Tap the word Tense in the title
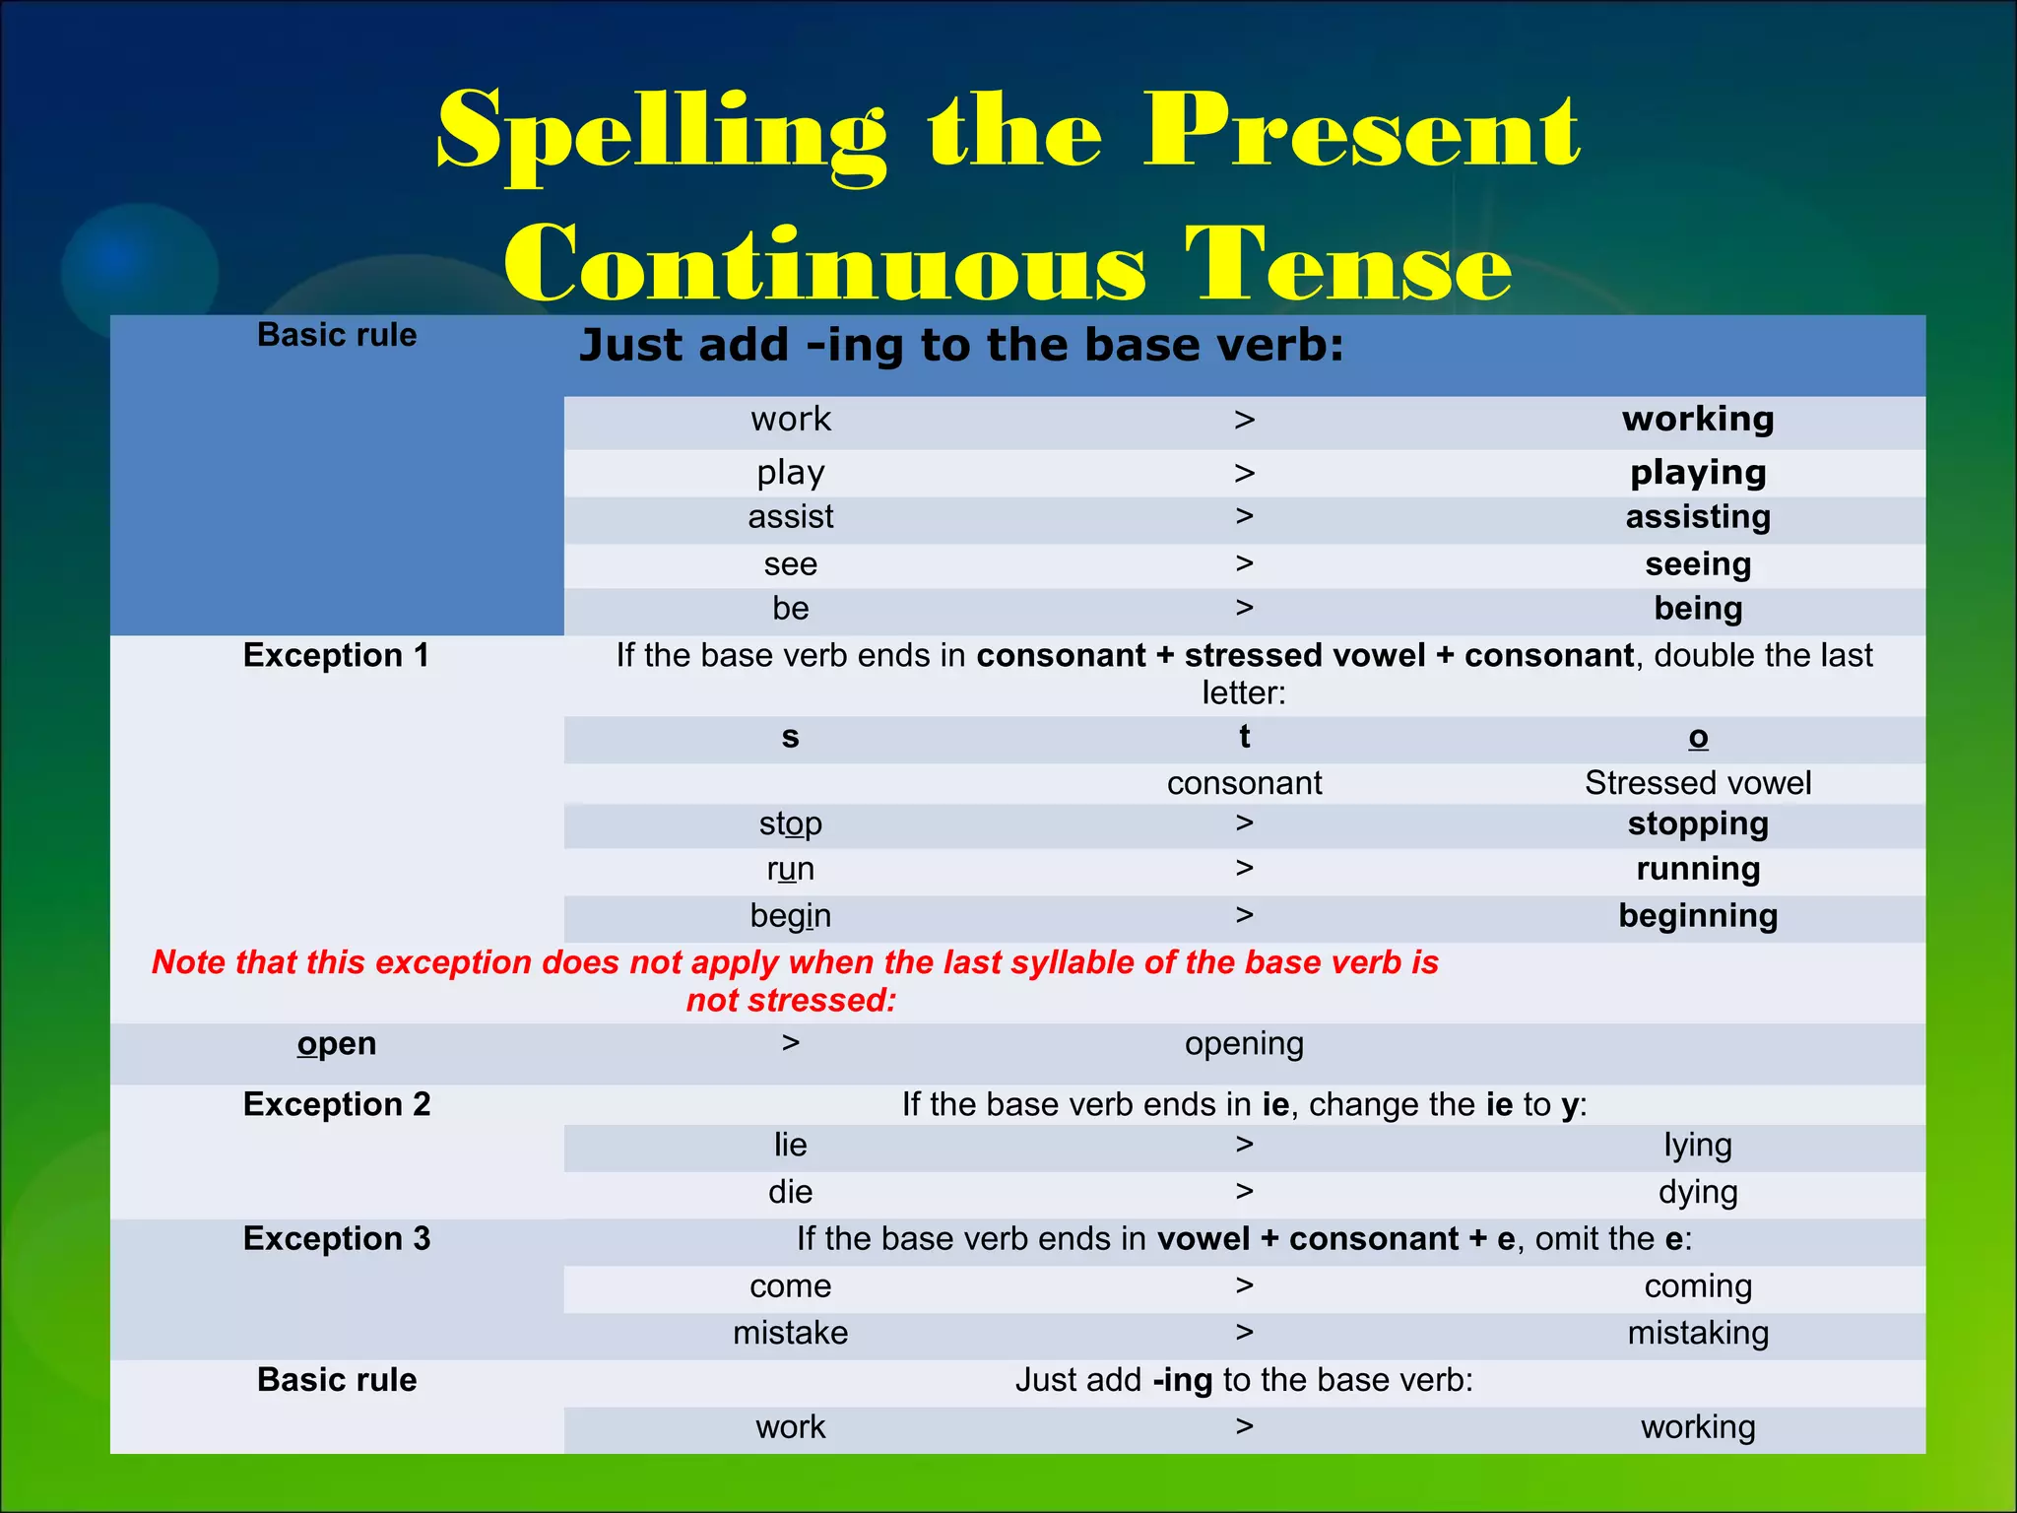(x=1347, y=264)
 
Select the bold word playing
(x=1698, y=473)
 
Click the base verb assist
(x=790, y=517)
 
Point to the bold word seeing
(x=1698, y=564)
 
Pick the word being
(x=1698, y=609)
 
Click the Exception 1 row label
(x=336, y=656)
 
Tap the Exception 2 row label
(x=336, y=1105)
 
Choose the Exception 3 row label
(x=336, y=1239)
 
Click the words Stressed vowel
(x=1698, y=783)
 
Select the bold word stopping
(x=1698, y=823)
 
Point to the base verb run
(x=790, y=870)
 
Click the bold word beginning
(x=1698, y=916)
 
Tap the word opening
(x=1244, y=1044)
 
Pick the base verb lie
(x=790, y=1146)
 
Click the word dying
(x=1698, y=1193)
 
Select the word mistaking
(x=1698, y=1334)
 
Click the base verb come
(x=790, y=1286)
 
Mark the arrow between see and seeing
(x=1245, y=563)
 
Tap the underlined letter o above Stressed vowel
(x=1698, y=737)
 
